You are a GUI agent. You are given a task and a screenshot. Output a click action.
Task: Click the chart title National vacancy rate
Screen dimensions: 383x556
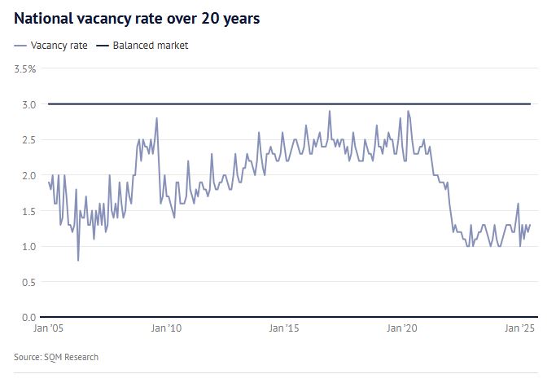click(137, 18)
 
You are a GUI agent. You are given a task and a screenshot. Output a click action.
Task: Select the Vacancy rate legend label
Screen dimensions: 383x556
click(59, 46)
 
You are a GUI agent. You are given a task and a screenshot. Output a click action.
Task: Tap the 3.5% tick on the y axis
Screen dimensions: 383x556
click(25, 69)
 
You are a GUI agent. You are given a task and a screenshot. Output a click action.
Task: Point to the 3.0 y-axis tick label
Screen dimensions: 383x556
click(28, 104)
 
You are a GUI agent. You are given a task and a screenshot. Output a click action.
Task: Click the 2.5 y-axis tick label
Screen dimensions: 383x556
click(28, 140)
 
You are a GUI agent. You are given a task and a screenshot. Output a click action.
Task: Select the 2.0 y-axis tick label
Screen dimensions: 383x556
click(28, 175)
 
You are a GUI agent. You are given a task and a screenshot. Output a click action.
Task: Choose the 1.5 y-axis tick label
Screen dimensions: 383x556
click(28, 211)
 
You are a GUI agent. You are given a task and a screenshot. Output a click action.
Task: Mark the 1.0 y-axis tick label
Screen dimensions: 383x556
click(28, 246)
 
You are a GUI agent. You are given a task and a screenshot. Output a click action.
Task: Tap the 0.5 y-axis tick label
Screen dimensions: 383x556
click(28, 282)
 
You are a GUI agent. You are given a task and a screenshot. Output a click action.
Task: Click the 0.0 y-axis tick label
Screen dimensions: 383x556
click(28, 317)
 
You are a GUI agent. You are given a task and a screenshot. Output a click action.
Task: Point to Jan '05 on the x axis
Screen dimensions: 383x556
click(48, 328)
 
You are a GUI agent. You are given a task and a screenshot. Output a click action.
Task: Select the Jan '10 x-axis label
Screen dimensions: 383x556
click(166, 328)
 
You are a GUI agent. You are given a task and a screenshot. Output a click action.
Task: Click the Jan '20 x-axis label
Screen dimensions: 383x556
click(402, 328)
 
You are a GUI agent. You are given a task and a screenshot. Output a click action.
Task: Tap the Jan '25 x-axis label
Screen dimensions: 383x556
click(519, 328)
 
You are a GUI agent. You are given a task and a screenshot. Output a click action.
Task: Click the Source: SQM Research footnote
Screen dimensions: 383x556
click(56, 357)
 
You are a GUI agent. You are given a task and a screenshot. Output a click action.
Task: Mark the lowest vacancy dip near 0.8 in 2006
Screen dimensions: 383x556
click(78, 260)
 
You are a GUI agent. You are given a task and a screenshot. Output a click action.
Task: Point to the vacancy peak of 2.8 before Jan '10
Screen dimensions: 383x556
click(156, 119)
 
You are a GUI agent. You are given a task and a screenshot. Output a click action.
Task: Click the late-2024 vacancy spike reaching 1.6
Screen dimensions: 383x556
click(518, 204)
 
